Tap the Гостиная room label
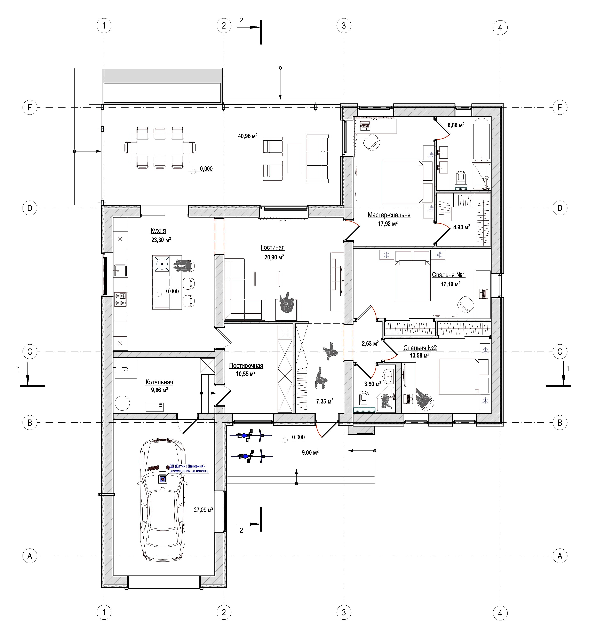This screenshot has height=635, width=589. [273, 247]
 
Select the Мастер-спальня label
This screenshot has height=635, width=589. [389, 215]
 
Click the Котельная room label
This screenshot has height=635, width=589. [159, 382]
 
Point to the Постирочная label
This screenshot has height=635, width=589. [246, 366]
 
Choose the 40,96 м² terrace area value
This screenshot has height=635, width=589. [248, 136]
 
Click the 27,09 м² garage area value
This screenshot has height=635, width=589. [203, 510]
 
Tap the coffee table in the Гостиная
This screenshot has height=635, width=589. [267, 279]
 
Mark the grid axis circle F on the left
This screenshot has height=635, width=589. [30, 107]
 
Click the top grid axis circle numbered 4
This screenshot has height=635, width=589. [500, 28]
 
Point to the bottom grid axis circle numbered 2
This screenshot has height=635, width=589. [224, 612]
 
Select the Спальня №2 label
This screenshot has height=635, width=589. [420, 348]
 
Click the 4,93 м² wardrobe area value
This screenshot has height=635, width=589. [462, 227]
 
